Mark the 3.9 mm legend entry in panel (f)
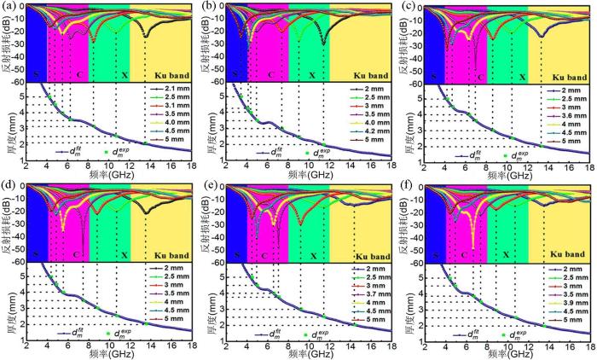[567, 304]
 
